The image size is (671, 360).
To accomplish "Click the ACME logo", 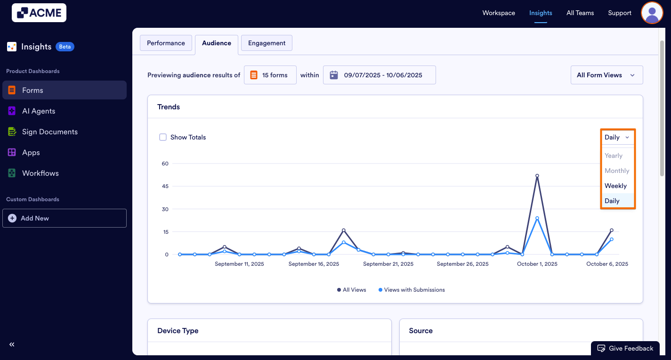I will pyautogui.click(x=39, y=13).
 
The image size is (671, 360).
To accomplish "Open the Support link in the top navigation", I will pyautogui.click(x=619, y=13).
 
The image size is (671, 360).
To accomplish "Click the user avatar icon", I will pyautogui.click(x=652, y=13).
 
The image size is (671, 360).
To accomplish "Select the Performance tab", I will pyautogui.click(x=166, y=43).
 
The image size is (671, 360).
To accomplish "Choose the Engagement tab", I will pyautogui.click(x=267, y=43).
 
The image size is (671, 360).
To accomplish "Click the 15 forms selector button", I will pyautogui.click(x=270, y=75).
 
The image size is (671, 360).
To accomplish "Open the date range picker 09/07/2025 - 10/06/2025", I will pyautogui.click(x=379, y=75).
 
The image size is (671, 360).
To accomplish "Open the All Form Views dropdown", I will pyautogui.click(x=606, y=75).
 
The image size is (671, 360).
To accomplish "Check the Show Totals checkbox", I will pyautogui.click(x=163, y=137).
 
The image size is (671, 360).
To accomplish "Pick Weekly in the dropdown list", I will pyautogui.click(x=615, y=186).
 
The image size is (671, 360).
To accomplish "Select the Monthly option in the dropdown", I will pyautogui.click(x=617, y=171).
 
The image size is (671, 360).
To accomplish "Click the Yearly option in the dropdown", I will pyautogui.click(x=614, y=155).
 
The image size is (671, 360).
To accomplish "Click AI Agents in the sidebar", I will pyautogui.click(x=39, y=111).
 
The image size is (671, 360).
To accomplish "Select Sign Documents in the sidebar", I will pyautogui.click(x=49, y=131).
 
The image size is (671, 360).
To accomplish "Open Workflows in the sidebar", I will pyautogui.click(x=40, y=173).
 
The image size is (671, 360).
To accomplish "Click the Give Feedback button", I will pyautogui.click(x=625, y=348).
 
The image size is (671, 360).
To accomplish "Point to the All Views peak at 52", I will pyautogui.click(x=537, y=176).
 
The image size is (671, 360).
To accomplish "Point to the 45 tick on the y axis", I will pyautogui.click(x=165, y=186).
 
